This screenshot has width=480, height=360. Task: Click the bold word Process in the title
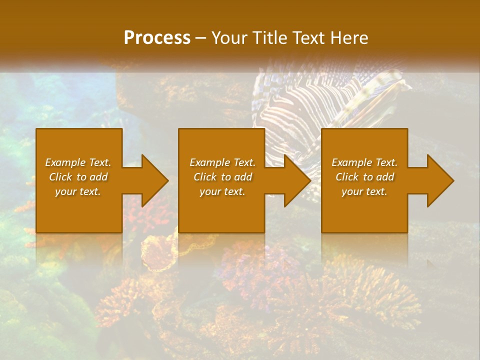tap(157, 38)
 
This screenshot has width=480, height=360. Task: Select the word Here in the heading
tap(350, 38)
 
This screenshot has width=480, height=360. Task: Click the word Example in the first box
tap(65, 162)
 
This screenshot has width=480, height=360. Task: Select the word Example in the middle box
tap(209, 162)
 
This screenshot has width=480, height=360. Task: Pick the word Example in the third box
tap(351, 162)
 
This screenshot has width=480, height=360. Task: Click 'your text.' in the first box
tap(78, 191)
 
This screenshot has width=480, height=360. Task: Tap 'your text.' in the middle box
tap(222, 191)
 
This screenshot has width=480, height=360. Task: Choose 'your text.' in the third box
tap(364, 191)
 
